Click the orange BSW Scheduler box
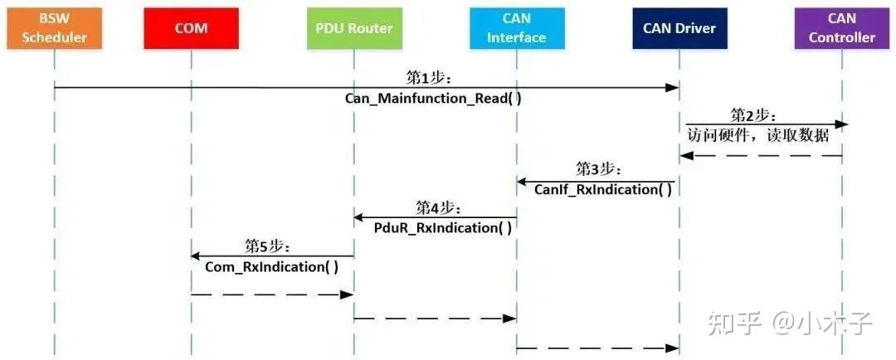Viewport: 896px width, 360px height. [x=55, y=27]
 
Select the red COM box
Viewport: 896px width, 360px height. [x=191, y=27]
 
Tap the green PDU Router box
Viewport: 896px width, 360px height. [x=353, y=27]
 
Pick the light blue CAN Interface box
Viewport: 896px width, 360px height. [x=516, y=27]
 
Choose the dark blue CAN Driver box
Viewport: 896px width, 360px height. [x=679, y=27]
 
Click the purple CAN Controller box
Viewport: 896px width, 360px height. [x=841, y=27]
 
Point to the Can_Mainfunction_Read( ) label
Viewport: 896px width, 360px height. [x=433, y=98]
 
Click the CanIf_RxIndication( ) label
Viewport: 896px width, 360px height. [x=602, y=190]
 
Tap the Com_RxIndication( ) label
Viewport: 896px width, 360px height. [x=272, y=266]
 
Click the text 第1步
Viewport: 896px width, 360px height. [x=428, y=78]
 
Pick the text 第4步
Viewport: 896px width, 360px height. [x=438, y=208]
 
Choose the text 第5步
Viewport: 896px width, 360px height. [x=267, y=246]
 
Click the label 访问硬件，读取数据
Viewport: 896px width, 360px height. [x=758, y=134]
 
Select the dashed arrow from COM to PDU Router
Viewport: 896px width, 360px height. [x=272, y=294]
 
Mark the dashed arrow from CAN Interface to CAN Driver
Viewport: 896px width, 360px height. [x=597, y=348]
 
